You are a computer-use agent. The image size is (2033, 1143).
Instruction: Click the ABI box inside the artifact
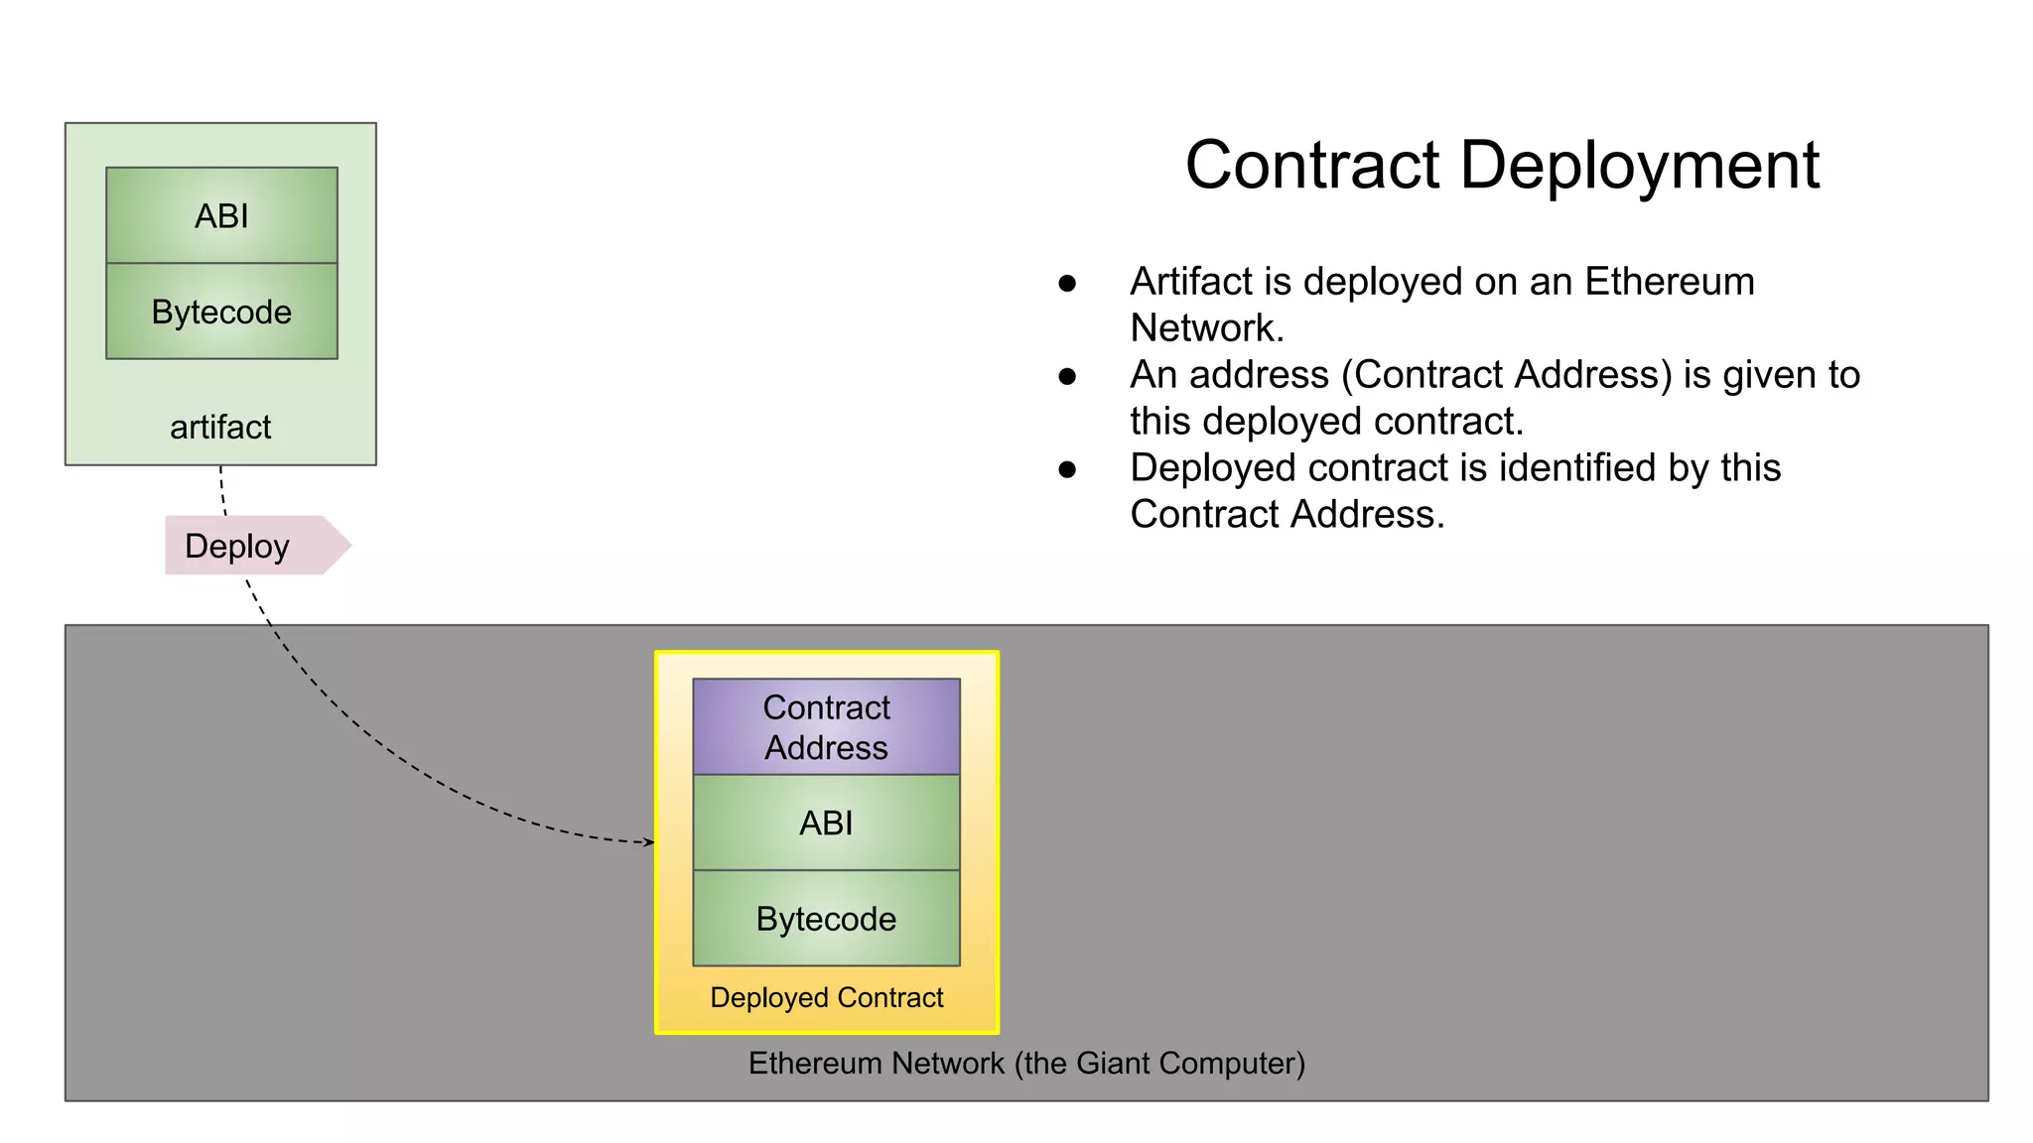(x=221, y=215)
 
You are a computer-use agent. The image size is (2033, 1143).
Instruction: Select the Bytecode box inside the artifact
(x=221, y=312)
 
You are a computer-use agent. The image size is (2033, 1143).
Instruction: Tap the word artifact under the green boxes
(x=220, y=427)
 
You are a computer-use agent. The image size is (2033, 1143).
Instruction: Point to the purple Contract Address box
(x=826, y=726)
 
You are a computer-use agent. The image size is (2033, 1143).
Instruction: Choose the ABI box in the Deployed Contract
(x=826, y=823)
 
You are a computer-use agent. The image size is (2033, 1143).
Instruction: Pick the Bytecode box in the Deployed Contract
(x=826, y=919)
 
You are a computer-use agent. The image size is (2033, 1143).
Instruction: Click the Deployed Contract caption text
(x=826, y=997)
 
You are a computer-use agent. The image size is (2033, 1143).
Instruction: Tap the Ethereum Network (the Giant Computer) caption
(x=1026, y=1063)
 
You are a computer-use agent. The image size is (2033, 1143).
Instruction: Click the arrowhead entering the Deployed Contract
(x=649, y=842)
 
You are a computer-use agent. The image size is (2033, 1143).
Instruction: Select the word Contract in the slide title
(x=1311, y=165)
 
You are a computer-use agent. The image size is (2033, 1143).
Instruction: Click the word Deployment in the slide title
(x=1640, y=165)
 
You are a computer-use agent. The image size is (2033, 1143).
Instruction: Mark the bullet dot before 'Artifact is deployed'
(x=1067, y=284)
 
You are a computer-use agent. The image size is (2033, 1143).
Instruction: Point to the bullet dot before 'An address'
(x=1067, y=377)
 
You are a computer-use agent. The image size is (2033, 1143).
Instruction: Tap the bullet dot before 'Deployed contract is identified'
(x=1067, y=470)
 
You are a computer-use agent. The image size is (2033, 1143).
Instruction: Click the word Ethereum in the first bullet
(x=1670, y=282)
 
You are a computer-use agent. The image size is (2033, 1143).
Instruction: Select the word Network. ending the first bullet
(x=1207, y=328)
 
